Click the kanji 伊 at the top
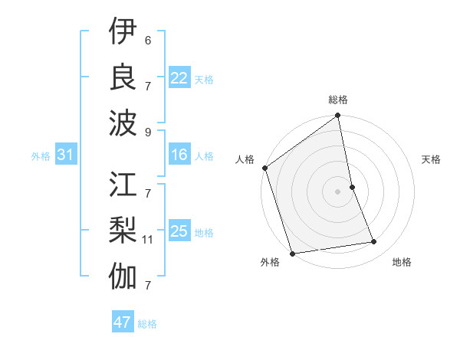[123, 31]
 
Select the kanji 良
[123, 76]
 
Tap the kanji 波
[123, 121]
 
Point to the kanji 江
[123, 185]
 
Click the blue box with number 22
[179, 78]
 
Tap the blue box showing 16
[179, 155]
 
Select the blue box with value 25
[179, 231]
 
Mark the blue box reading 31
[65, 155]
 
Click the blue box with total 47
[123, 322]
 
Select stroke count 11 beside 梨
[149, 239]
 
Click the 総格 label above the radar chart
[338, 100]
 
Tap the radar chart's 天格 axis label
[432, 159]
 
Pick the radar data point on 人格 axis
[265, 168]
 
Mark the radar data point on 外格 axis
[293, 253]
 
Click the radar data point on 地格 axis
[374, 242]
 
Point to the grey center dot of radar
[338, 191]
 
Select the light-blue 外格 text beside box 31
[41, 156]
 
